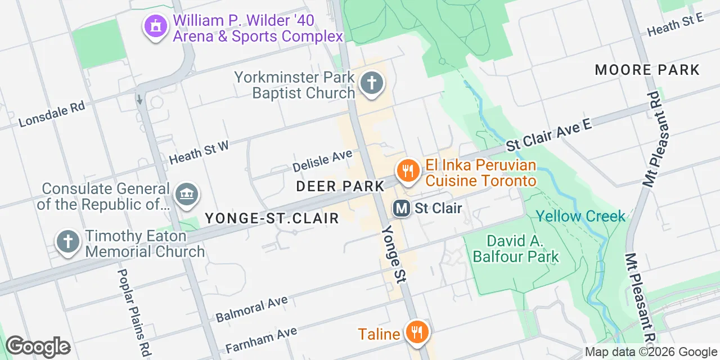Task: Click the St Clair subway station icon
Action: point(401,208)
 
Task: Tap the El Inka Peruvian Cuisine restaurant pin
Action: point(406,170)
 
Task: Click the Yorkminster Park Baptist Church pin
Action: point(371,84)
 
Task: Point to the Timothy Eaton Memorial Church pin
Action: point(68,242)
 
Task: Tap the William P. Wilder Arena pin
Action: point(156,26)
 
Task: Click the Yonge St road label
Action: point(393,254)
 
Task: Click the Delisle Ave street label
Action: point(322,160)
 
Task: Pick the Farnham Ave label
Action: point(261,340)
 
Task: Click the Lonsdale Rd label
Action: point(51,114)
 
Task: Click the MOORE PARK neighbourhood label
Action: point(647,70)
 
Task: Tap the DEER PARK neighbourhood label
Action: point(340,186)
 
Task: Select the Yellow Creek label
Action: point(580,216)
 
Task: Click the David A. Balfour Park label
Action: point(516,249)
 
